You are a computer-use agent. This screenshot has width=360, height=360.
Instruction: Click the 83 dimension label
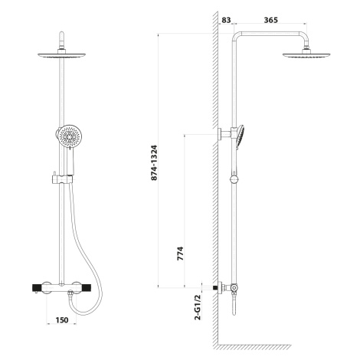(x=226, y=20)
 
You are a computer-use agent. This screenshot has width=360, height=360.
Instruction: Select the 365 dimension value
(x=271, y=20)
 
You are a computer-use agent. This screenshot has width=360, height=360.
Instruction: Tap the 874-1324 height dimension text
(x=154, y=163)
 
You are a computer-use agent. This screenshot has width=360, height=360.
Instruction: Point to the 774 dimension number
(x=180, y=254)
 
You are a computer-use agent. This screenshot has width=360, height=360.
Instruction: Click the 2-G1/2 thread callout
(x=198, y=307)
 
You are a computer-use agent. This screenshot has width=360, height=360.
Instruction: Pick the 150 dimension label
(x=62, y=320)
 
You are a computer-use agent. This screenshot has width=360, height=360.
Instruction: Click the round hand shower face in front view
(x=69, y=136)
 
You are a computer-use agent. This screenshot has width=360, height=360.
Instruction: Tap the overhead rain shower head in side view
(x=306, y=54)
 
